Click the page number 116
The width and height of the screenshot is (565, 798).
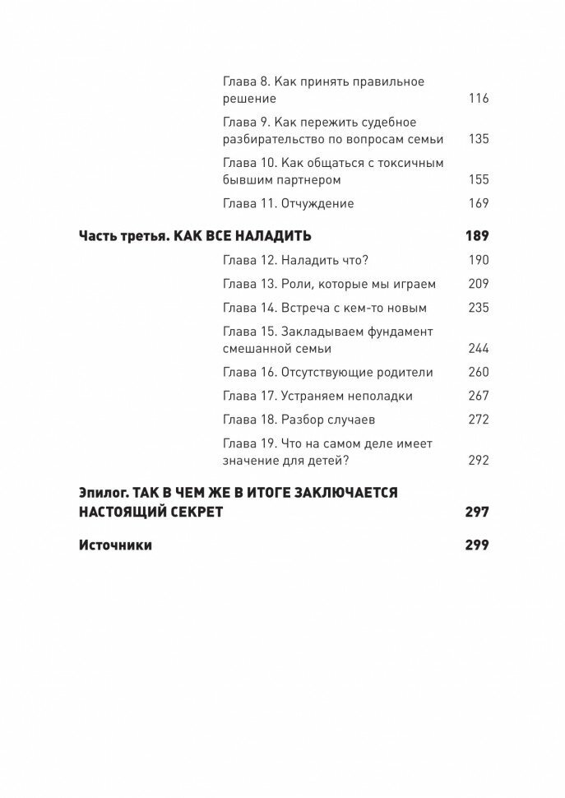coord(477,99)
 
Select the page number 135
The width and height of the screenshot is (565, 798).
coord(477,139)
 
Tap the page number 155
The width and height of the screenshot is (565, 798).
coord(477,179)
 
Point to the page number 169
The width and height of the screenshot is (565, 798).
coord(477,203)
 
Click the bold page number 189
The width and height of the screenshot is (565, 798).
coord(476,236)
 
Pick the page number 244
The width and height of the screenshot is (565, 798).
coord(477,348)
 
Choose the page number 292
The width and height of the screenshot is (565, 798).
coord(477,460)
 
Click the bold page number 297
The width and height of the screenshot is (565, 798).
coord(476,513)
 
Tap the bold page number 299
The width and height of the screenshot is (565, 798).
coord(476,545)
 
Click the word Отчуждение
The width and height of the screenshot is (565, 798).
coord(317,203)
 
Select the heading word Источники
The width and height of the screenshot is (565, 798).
coord(115,545)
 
